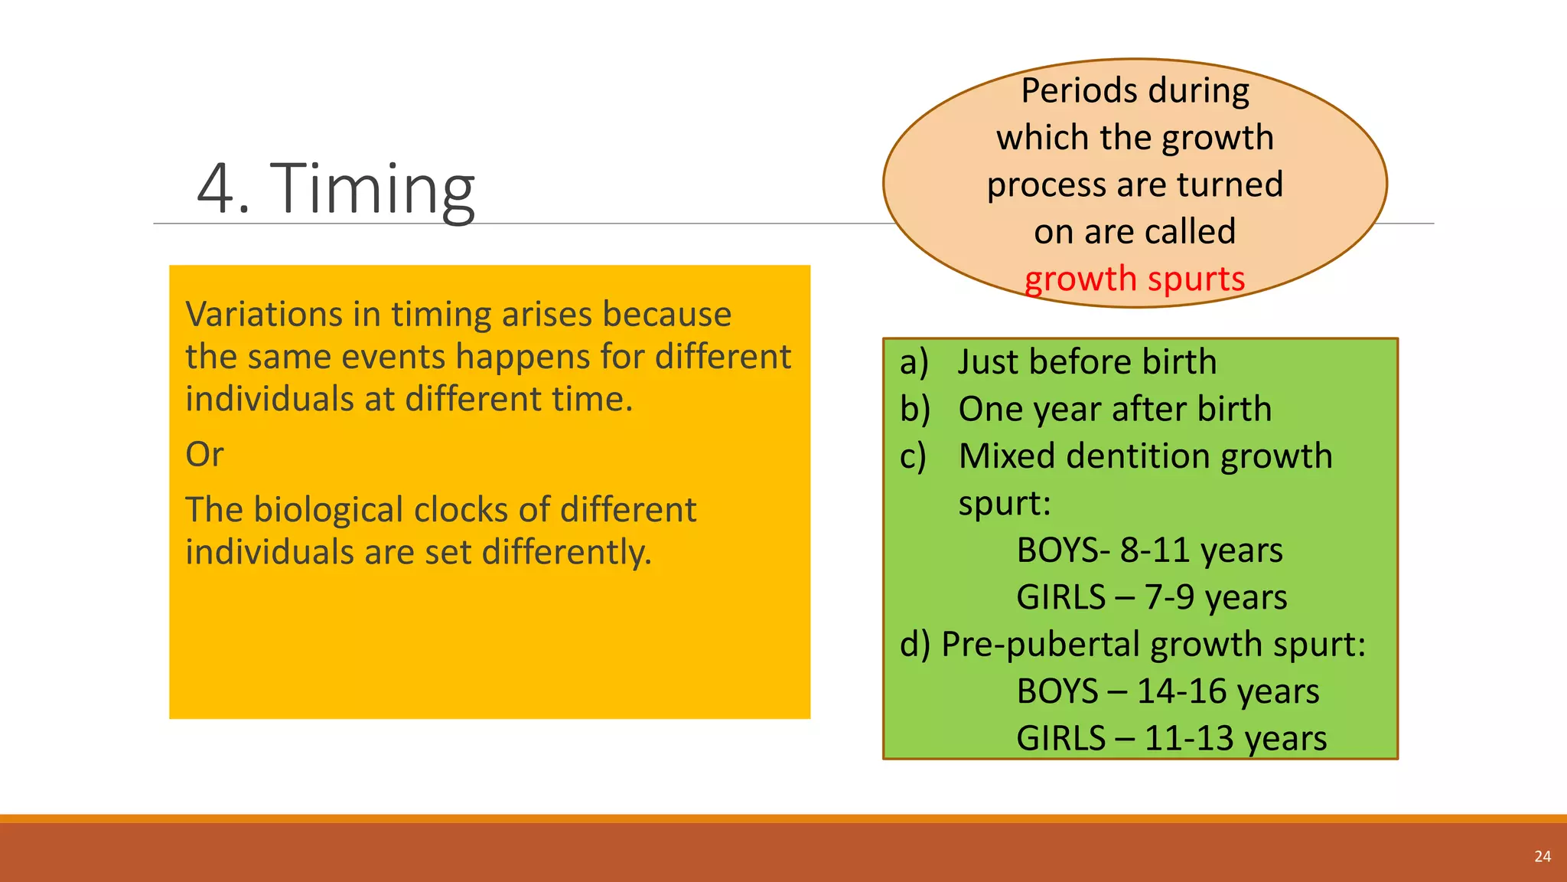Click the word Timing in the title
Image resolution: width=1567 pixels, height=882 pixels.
(373, 189)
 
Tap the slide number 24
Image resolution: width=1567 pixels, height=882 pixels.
(1543, 857)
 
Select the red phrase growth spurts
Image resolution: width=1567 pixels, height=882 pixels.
(1135, 279)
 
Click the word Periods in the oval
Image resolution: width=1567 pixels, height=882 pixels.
(1069, 90)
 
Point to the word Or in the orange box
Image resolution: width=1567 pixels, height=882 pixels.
(204, 455)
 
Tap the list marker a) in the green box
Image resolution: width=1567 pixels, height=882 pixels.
(914, 362)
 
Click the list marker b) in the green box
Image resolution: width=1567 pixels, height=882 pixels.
(914, 410)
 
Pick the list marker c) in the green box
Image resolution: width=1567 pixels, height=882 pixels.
(913, 456)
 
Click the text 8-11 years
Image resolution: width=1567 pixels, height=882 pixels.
(1200, 550)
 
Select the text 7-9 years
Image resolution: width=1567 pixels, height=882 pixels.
(1215, 597)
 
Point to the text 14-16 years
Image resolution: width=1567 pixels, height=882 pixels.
(1227, 691)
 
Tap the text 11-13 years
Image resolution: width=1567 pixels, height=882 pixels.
(1235, 739)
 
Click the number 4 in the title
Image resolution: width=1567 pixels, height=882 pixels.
(217, 189)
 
